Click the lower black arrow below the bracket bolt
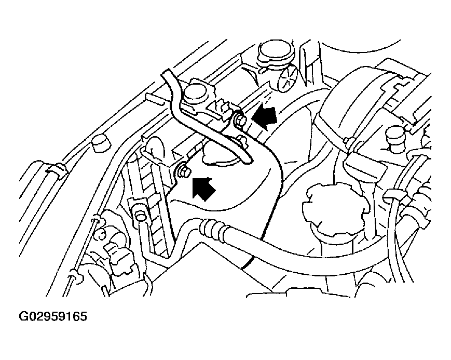coord(203,188)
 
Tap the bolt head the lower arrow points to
coord(183,171)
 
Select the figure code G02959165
coord(53,316)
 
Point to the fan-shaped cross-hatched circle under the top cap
coord(288,77)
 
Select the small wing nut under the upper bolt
coord(243,142)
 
